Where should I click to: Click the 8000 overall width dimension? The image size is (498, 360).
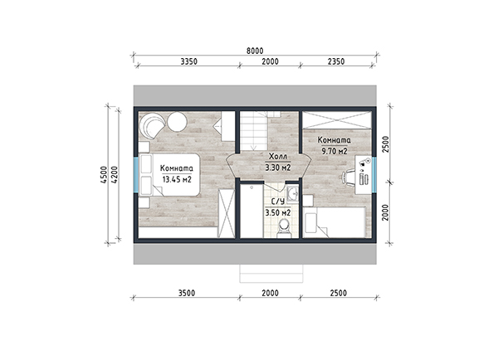pyautogui.click(x=255, y=51)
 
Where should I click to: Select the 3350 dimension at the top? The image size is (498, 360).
pyautogui.click(x=189, y=61)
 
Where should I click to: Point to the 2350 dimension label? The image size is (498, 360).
pyautogui.click(x=336, y=61)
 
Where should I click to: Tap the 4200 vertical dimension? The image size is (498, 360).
pyautogui.click(x=115, y=174)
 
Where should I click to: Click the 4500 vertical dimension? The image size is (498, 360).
pyautogui.click(x=104, y=174)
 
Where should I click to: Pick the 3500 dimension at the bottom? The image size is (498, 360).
pyautogui.click(x=187, y=293)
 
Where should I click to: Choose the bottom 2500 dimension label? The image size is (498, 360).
pyautogui.click(x=339, y=293)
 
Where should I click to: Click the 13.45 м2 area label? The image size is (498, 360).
pyautogui.click(x=177, y=180)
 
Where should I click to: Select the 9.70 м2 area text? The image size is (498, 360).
pyautogui.click(x=334, y=151)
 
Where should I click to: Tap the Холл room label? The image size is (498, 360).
pyautogui.click(x=278, y=157)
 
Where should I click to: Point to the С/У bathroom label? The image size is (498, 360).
pyautogui.click(x=278, y=202)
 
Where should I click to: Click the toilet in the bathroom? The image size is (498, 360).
pyautogui.click(x=284, y=229)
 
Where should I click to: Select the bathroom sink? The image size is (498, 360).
pyautogui.click(x=292, y=193)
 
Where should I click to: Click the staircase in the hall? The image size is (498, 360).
pyautogui.click(x=253, y=131)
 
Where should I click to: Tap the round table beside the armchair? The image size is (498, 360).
pyautogui.click(x=177, y=122)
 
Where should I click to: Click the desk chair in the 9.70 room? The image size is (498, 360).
pyautogui.click(x=349, y=177)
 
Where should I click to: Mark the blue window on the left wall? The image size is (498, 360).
pyautogui.click(x=136, y=174)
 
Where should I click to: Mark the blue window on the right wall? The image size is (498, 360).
pyautogui.click(x=374, y=174)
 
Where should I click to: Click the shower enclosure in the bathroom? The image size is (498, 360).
pyautogui.click(x=251, y=212)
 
